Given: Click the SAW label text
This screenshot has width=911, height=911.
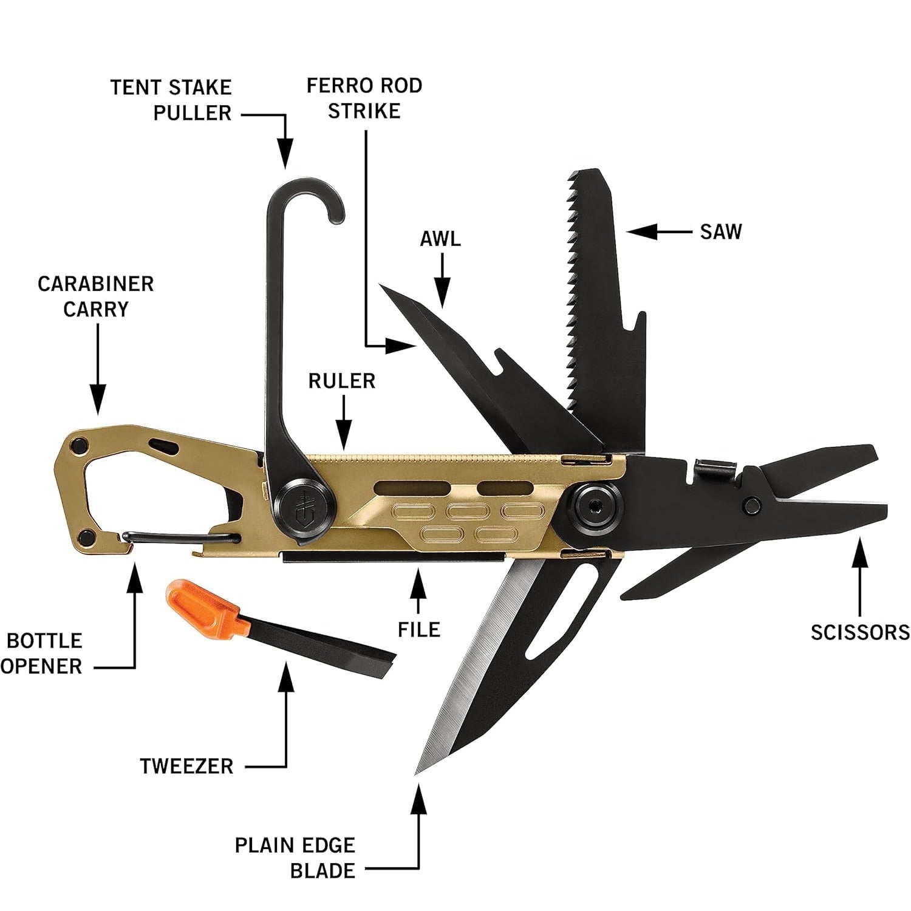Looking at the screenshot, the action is coord(721,231).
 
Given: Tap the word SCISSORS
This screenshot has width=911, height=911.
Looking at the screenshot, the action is coord(860,632).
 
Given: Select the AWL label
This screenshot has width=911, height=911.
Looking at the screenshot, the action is coord(440,239).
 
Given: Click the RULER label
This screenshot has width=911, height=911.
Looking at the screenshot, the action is coord(342,381).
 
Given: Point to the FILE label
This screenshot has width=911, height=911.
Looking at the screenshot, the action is coord(418,629).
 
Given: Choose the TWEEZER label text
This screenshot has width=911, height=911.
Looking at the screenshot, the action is coord(186,766).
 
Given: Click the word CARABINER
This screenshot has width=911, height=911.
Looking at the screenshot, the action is coord(96,284).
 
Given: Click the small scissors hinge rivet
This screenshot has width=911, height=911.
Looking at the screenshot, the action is coord(754,503).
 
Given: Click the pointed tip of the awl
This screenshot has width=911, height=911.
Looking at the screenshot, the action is coord(380,284).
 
